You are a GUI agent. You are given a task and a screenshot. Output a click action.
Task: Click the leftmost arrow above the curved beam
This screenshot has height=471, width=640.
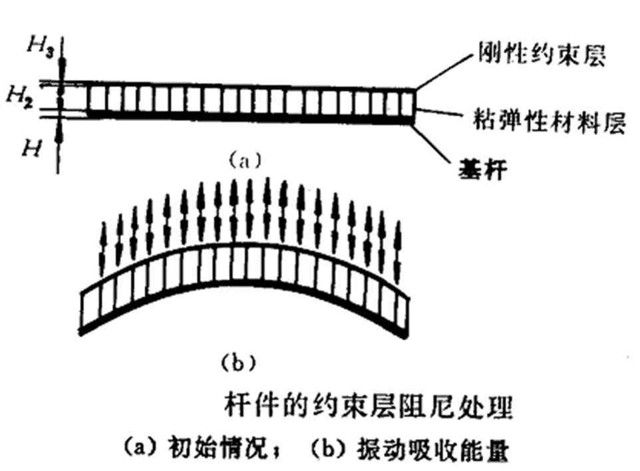(103, 249)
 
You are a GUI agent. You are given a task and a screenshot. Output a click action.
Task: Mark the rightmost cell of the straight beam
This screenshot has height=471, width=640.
(408, 102)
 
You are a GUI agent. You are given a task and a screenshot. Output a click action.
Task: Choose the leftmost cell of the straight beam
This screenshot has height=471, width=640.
(96, 101)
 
